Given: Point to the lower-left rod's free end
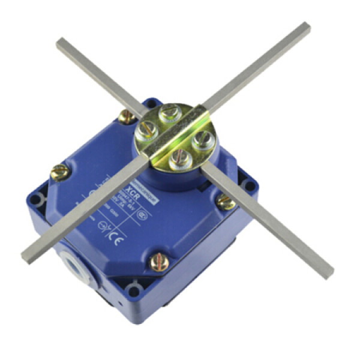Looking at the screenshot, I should tap(26, 256).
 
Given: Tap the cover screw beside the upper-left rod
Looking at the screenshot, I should tap(127, 116).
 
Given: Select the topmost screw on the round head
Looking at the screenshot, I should tap(172, 112).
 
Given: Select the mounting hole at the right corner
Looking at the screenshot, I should tap(245, 178).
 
